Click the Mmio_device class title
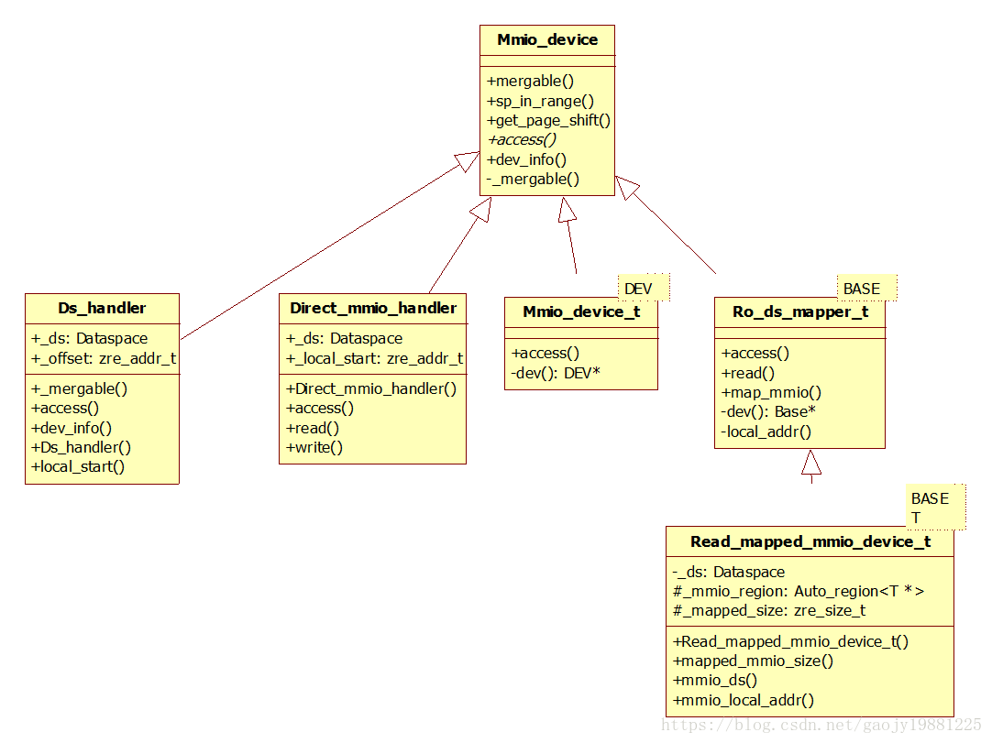click(x=547, y=39)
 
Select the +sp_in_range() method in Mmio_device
click(x=540, y=101)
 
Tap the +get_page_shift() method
click(x=548, y=120)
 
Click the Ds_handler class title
click(x=102, y=308)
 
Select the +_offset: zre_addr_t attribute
click(x=104, y=358)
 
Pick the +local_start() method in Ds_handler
click(x=78, y=466)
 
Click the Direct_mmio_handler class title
click(x=372, y=308)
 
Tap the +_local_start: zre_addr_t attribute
click(x=374, y=358)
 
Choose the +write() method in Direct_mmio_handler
click(x=314, y=447)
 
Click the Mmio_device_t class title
click(x=581, y=311)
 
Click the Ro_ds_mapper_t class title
click(x=799, y=311)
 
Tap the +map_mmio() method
click(x=771, y=392)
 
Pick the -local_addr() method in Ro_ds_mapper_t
click(x=766, y=432)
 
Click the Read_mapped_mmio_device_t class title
click(x=810, y=541)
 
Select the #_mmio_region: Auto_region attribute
click(x=798, y=591)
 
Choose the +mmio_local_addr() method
click(x=743, y=701)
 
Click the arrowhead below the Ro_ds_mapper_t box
click(x=811, y=463)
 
